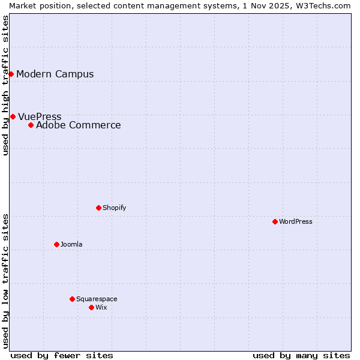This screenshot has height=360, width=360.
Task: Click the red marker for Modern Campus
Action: pyautogui.click(x=11, y=74)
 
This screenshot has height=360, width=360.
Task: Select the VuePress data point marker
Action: pyautogui.click(x=13, y=116)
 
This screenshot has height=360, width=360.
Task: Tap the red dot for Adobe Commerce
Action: pyautogui.click(x=31, y=125)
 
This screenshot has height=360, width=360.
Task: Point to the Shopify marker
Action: pyautogui.click(x=98, y=208)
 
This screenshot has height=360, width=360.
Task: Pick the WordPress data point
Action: pyautogui.click(x=275, y=221)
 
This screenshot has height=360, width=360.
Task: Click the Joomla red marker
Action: pyautogui.click(x=56, y=244)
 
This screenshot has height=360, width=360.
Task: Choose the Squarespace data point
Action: pyautogui.click(x=72, y=299)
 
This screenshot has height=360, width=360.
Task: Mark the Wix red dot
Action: pyautogui.click(x=91, y=307)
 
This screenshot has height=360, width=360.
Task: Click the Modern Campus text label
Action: pyautogui.click(x=55, y=74)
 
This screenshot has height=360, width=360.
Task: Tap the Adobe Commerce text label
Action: pyautogui.click(x=79, y=125)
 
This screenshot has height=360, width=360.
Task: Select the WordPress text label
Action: pyautogui.click(x=296, y=221)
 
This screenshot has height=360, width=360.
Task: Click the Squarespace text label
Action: pyautogui.click(x=97, y=299)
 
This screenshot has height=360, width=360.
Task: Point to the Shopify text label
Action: pyautogui.click(x=114, y=208)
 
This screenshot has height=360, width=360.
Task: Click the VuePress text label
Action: pyautogui.click(x=40, y=117)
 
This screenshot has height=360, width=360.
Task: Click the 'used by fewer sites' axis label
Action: pyautogui.click(x=62, y=355)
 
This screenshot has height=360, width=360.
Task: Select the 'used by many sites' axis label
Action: pyautogui.click(x=301, y=355)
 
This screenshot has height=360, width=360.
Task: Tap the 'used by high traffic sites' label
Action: pyautogui.click(x=5, y=85)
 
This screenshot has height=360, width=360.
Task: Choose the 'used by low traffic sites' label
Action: pyautogui.click(x=5, y=280)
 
